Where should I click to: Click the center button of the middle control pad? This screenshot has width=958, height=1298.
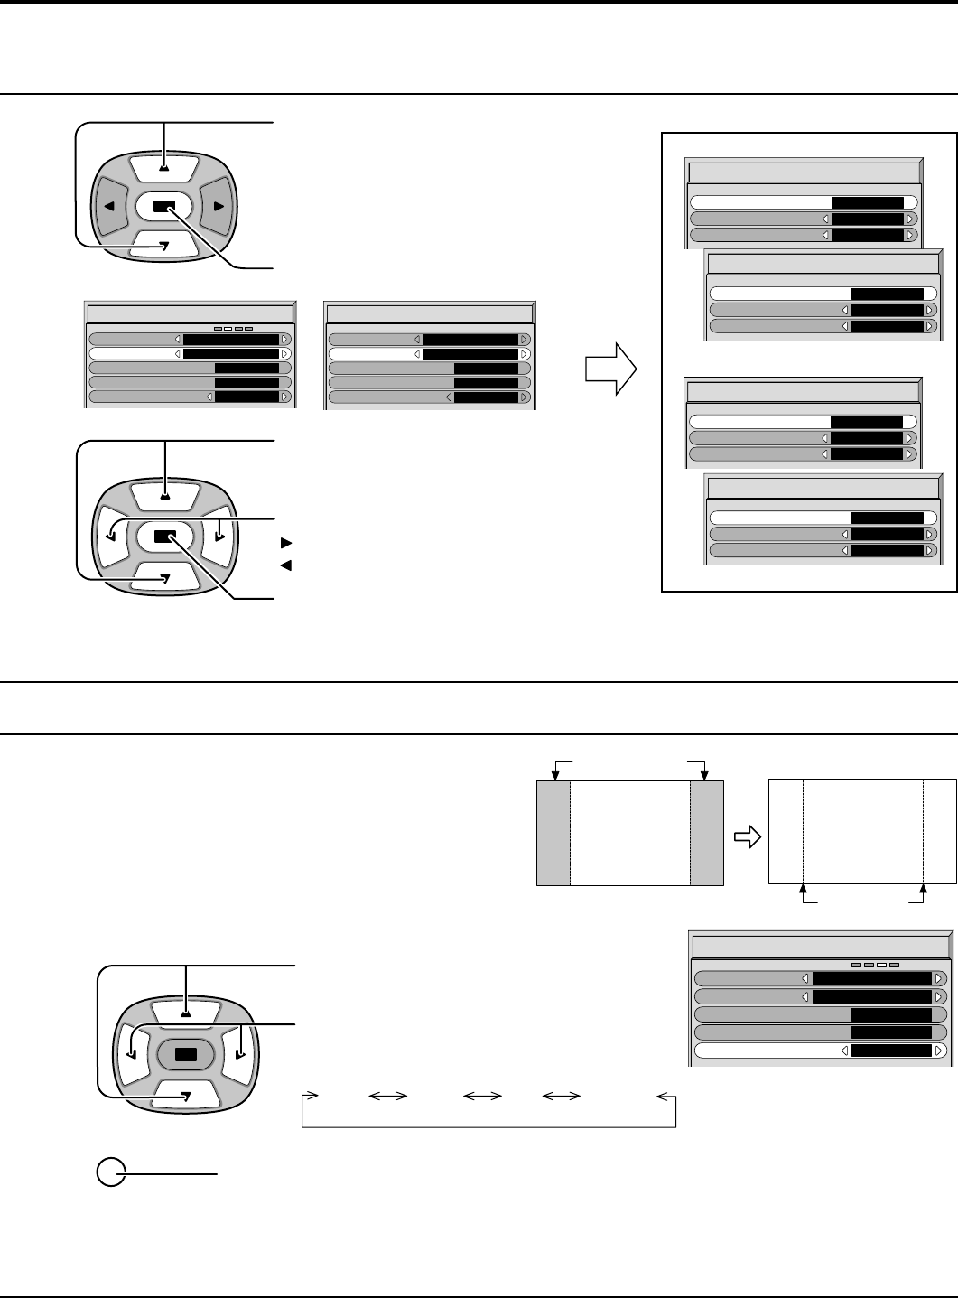pyautogui.click(x=163, y=536)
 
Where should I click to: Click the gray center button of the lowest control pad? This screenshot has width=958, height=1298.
pyautogui.click(x=185, y=1054)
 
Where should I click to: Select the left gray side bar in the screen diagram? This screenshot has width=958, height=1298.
pyautogui.click(x=553, y=833)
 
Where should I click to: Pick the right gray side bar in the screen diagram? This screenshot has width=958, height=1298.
pyautogui.click(x=707, y=833)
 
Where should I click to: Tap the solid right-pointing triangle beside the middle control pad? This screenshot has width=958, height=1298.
pyautogui.click(x=286, y=544)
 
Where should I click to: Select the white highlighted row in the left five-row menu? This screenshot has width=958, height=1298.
pyautogui.click(x=190, y=353)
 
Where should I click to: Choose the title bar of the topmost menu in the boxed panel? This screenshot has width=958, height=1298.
pyautogui.click(x=805, y=173)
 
